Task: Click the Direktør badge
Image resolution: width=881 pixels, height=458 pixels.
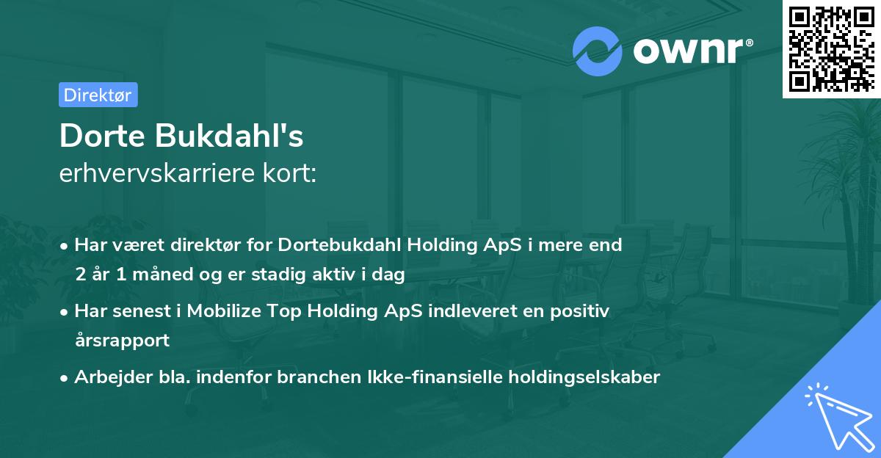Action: point(98,95)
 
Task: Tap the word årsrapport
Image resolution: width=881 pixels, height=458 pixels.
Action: point(122,341)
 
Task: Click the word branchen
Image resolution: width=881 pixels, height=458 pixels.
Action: point(322,377)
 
